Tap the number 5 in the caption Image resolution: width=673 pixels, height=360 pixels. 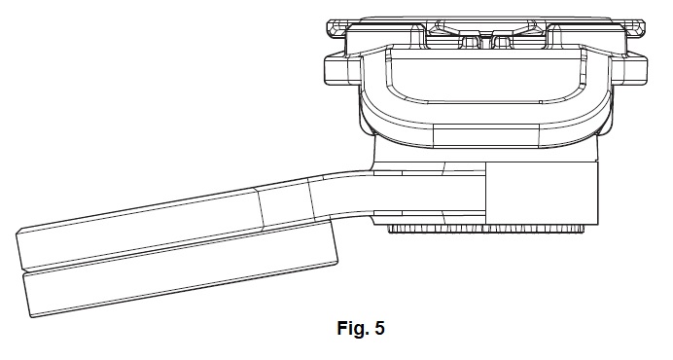tap(379, 328)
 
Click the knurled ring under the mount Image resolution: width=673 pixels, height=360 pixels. tap(486, 229)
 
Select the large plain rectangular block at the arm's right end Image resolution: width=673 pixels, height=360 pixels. tap(542, 193)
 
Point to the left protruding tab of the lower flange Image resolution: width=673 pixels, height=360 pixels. tap(341, 70)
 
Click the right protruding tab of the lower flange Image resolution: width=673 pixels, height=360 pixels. tap(628, 70)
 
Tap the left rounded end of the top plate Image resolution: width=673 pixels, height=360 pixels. tap(336, 31)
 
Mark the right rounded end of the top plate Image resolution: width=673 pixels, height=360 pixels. tap(635, 31)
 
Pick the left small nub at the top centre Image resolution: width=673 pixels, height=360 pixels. tap(471, 42)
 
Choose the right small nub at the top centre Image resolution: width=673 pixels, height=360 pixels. tap(502, 42)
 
